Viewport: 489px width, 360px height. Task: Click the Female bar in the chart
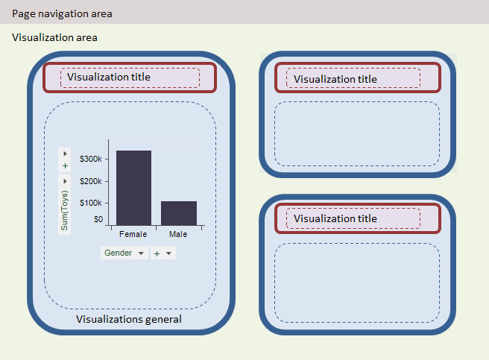tap(133, 188)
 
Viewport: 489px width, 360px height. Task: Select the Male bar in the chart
tap(179, 213)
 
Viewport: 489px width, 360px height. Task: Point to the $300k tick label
tap(91, 159)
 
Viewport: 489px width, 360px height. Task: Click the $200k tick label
tap(91, 181)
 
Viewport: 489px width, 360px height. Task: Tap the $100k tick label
tap(91, 203)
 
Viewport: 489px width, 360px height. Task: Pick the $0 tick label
tap(98, 219)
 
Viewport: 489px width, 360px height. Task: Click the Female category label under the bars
tap(133, 234)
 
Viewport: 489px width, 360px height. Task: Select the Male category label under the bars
tap(178, 234)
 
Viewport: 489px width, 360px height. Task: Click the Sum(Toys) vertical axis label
tap(64, 211)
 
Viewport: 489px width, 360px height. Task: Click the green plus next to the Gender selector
tap(157, 253)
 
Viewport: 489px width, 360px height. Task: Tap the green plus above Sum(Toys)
tap(65, 165)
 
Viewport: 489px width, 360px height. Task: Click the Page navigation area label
tap(62, 13)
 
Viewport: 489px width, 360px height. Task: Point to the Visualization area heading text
tap(54, 37)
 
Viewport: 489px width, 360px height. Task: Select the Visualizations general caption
tap(129, 319)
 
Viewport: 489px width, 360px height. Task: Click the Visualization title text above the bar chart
tap(109, 77)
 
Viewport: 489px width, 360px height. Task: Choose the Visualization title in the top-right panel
tap(335, 79)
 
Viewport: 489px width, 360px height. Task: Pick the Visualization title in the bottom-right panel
tap(335, 218)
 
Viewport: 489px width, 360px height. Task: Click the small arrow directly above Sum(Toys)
tap(65, 181)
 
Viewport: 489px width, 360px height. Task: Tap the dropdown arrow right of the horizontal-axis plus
tap(168, 253)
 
